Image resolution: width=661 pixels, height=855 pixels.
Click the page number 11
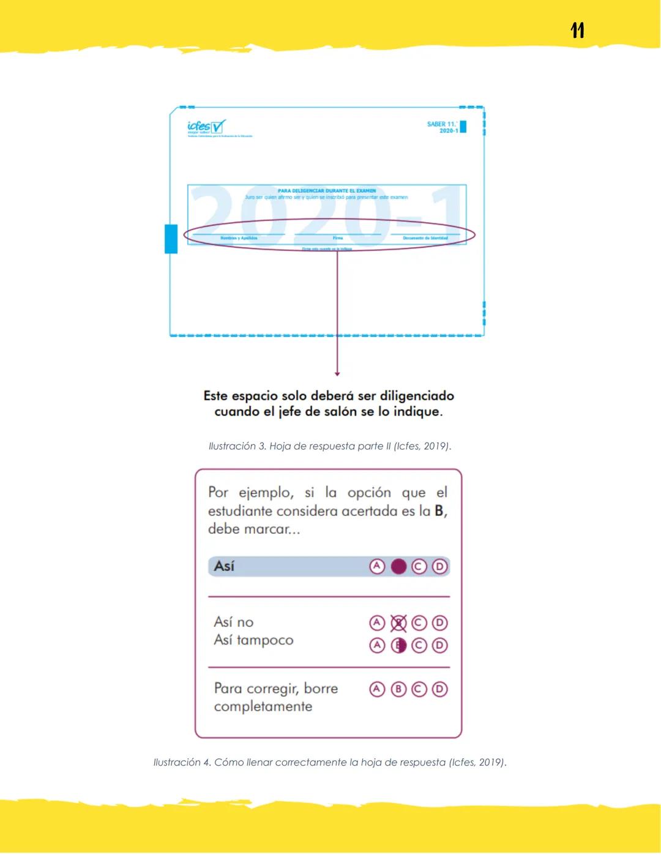(577, 30)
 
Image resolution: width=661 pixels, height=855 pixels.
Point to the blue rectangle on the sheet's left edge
(171, 238)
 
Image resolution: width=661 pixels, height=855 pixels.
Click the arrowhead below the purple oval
(337, 373)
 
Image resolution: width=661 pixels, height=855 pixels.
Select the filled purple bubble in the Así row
(398, 567)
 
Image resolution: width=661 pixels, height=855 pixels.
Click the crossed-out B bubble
(398, 623)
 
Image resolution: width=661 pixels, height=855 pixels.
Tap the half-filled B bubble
(398, 645)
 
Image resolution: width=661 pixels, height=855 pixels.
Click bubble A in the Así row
(377, 567)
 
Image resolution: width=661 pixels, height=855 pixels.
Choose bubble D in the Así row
(439, 567)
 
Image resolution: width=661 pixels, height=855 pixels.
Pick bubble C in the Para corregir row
(419, 689)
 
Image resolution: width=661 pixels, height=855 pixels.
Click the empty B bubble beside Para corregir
(398, 689)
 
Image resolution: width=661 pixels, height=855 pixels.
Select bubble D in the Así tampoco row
(439, 645)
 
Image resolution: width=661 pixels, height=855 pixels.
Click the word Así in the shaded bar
(224, 566)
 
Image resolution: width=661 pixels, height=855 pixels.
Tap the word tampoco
(265, 640)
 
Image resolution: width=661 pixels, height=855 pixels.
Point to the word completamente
(263, 706)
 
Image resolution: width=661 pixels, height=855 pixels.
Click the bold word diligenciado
(417, 395)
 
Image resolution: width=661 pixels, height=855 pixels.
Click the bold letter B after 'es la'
(439, 511)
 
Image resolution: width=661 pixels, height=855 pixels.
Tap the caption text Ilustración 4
(182, 762)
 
